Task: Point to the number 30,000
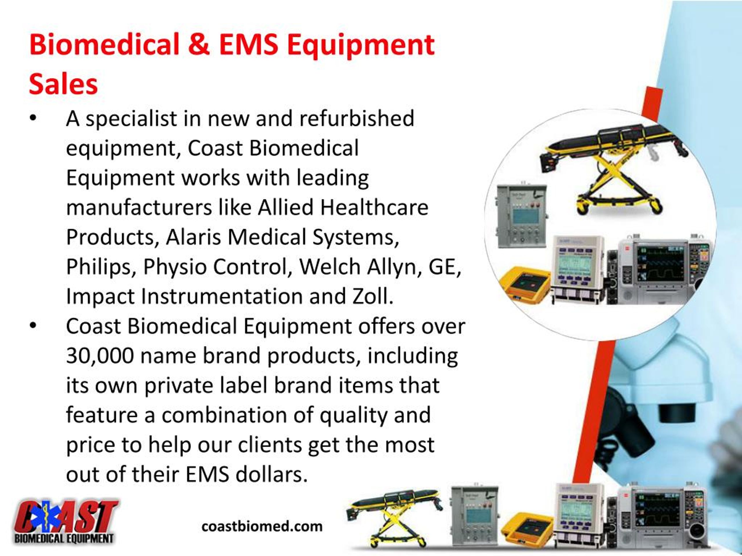[x=100, y=356]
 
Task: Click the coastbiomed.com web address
[x=262, y=526]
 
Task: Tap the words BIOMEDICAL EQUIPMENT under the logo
[x=64, y=539]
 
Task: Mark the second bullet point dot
[x=32, y=326]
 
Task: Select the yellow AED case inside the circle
[x=525, y=283]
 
